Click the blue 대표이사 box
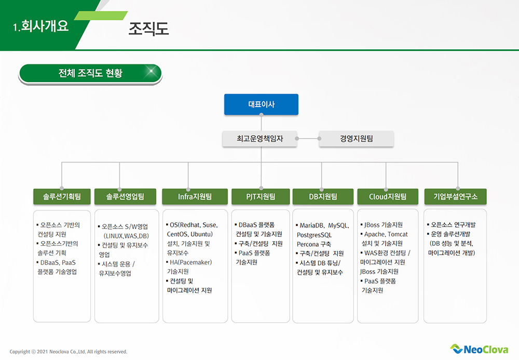coord(261,104)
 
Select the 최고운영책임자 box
coord(260,138)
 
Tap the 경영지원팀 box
coord(356,138)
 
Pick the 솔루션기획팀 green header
coord(62,197)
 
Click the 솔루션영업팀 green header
coord(125,197)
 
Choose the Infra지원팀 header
coord(195,197)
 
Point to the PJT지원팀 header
coord(261,197)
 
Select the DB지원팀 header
coord(323,197)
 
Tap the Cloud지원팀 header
coord(388,197)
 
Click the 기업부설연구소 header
coord(456,197)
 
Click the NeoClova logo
coord(479,349)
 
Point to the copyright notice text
coord(69,352)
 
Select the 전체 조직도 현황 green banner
coord(90,74)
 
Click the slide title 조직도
coord(148,29)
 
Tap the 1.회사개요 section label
coord(40,26)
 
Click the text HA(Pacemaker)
coord(190,262)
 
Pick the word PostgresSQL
coord(314,235)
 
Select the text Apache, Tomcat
coord(386,234)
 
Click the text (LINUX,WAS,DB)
coord(126,236)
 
